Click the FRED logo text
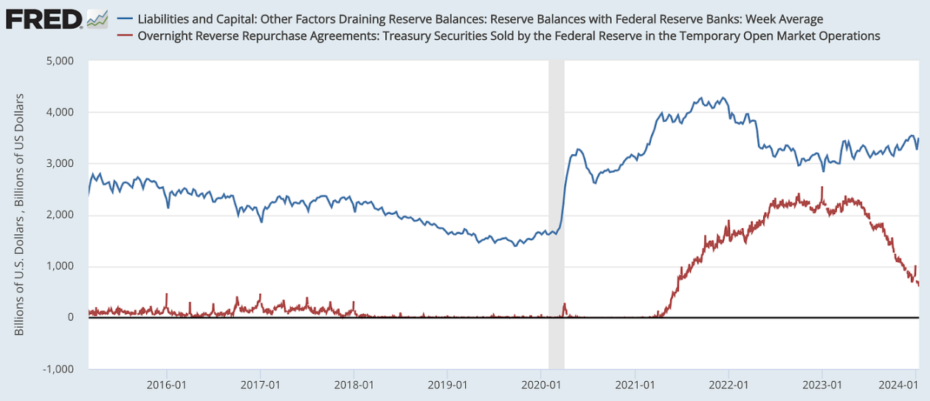(44, 18)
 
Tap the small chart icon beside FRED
(97, 18)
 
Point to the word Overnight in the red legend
(165, 35)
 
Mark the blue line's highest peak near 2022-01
(701, 97)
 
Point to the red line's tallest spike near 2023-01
(822, 188)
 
